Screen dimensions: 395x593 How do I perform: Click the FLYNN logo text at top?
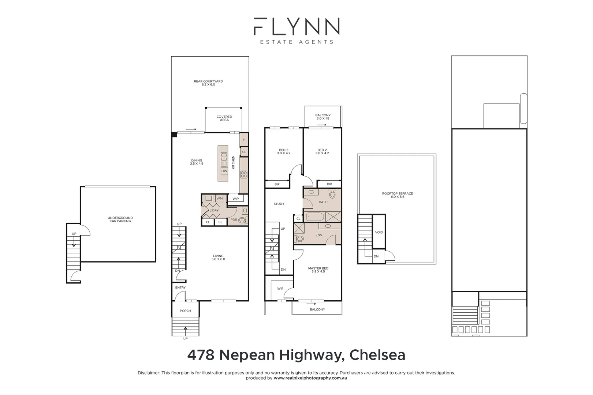296,26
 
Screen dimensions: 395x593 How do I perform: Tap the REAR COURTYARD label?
208,83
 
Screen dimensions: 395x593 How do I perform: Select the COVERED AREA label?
224,118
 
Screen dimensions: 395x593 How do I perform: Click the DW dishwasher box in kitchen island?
224,171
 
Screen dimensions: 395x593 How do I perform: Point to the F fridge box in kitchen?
244,140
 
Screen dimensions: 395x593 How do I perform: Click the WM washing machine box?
220,199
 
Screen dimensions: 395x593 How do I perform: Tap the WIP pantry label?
236,199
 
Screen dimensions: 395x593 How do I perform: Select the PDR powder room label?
234,220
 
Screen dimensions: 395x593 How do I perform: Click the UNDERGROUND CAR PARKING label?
120,219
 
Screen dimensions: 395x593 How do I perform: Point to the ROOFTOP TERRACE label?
397,195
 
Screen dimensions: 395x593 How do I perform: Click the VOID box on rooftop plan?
379,232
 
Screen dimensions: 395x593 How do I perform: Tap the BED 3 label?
284,151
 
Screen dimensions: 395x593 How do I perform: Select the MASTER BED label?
318,270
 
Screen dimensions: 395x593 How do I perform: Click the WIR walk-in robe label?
280,289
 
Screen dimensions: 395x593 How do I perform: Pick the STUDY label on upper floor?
279,204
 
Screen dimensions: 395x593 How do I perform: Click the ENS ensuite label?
318,235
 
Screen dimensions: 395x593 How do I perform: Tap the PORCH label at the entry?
185,311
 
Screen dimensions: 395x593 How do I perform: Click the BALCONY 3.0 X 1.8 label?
323,117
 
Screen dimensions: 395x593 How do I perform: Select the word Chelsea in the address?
377,355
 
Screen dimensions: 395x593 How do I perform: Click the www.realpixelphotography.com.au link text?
310,378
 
